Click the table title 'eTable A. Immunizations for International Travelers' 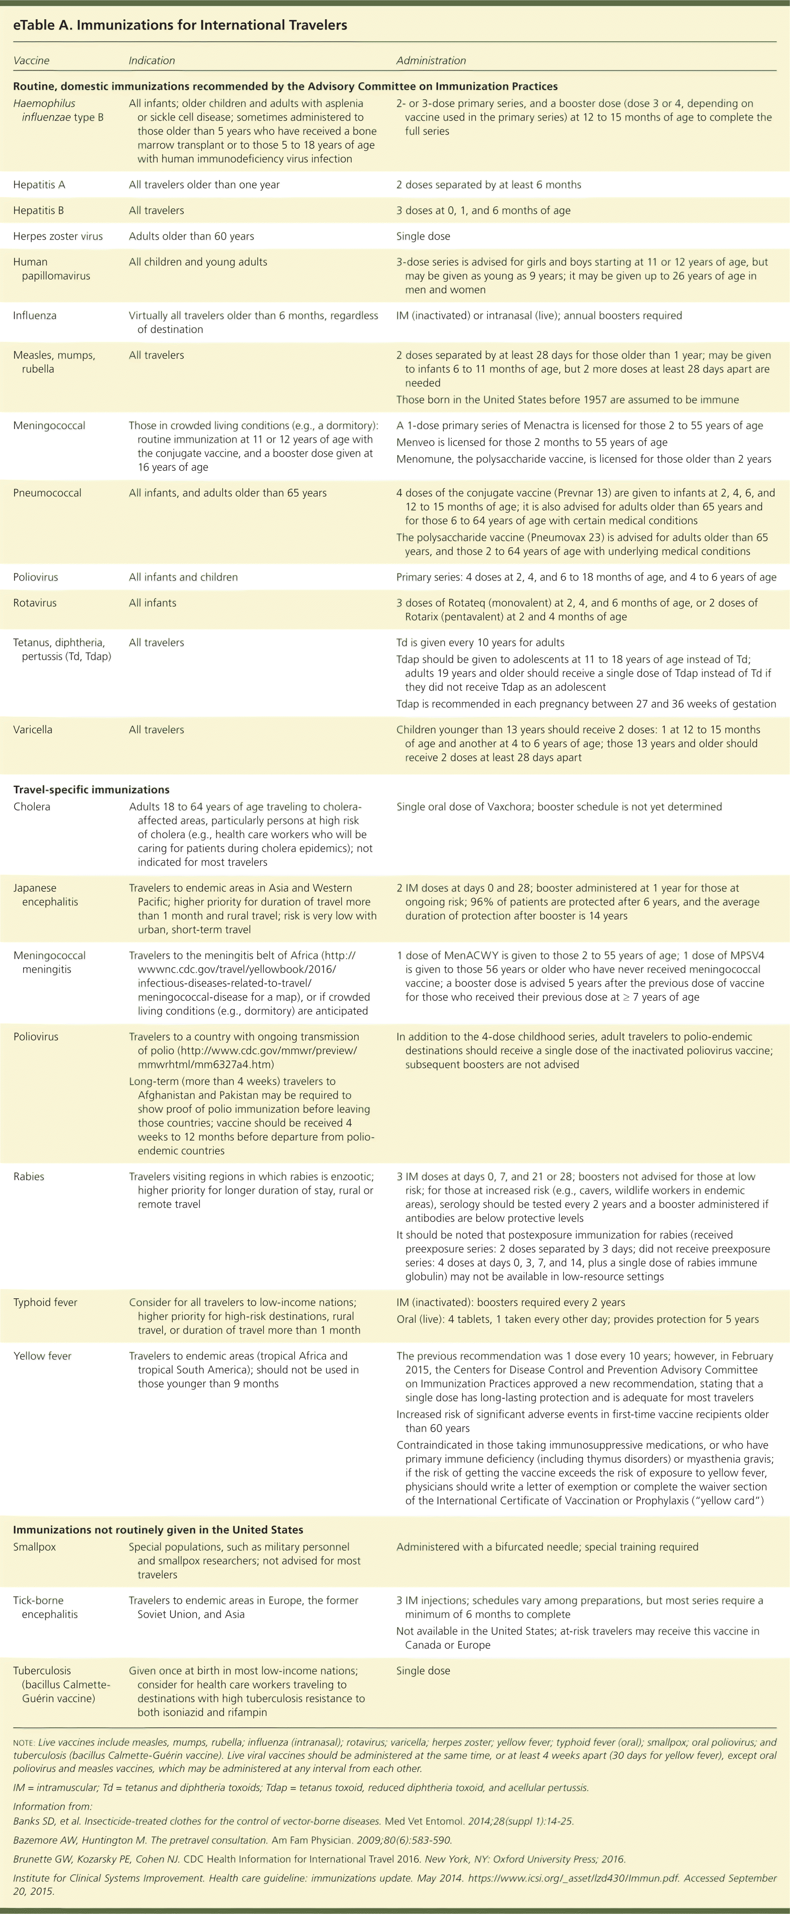[x=180, y=25]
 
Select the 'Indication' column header [x=152, y=61]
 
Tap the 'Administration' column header [x=431, y=61]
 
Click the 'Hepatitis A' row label [x=39, y=185]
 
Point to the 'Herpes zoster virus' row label [x=58, y=236]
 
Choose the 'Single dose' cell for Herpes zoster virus [x=423, y=236]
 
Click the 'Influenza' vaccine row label [x=35, y=316]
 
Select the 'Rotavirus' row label [x=35, y=603]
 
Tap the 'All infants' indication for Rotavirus [x=152, y=603]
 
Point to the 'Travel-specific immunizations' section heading [x=91, y=790]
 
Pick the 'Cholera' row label [x=32, y=807]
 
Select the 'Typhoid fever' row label [x=45, y=1303]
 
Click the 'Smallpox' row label [x=35, y=1547]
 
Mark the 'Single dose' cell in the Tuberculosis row [x=423, y=1671]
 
